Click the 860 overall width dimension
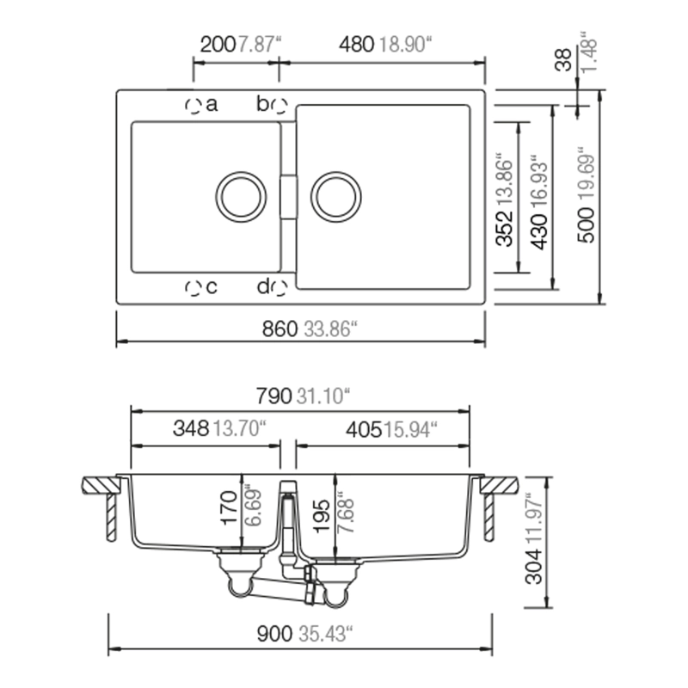pyautogui.click(x=279, y=329)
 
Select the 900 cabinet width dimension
pyautogui.click(x=274, y=634)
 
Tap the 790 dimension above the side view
pyautogui.click(x=273, y=396)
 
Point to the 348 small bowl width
pyautogui.click(x=191, y=428)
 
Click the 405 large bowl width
pyautogui.click(x=364, y=430)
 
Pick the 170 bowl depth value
pyautogui.click(x=230, y=507)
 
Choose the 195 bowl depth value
pyautogui.click(x=323, y=515)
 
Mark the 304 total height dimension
pyautogui.click(x=534, y=567)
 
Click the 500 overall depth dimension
pyautogui.click(x=587, y=225)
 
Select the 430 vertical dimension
pyautogui.click(x=539, y=232)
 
